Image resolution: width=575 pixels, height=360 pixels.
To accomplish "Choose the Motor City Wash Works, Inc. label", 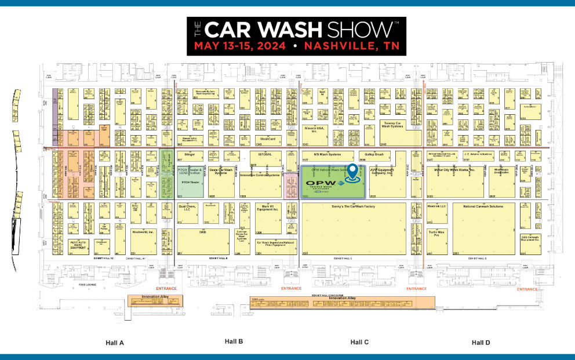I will tap(454, 170).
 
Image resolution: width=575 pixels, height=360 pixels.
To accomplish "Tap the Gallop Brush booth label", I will tap(375, 155).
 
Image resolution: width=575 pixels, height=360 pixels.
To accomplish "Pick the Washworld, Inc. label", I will tap(143, 231).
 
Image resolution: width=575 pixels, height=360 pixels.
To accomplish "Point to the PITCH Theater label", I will tap(190, 181).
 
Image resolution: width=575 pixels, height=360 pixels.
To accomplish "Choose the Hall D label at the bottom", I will tap(481, 343).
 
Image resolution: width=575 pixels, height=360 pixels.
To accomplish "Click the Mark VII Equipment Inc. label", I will tap(267, 208).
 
